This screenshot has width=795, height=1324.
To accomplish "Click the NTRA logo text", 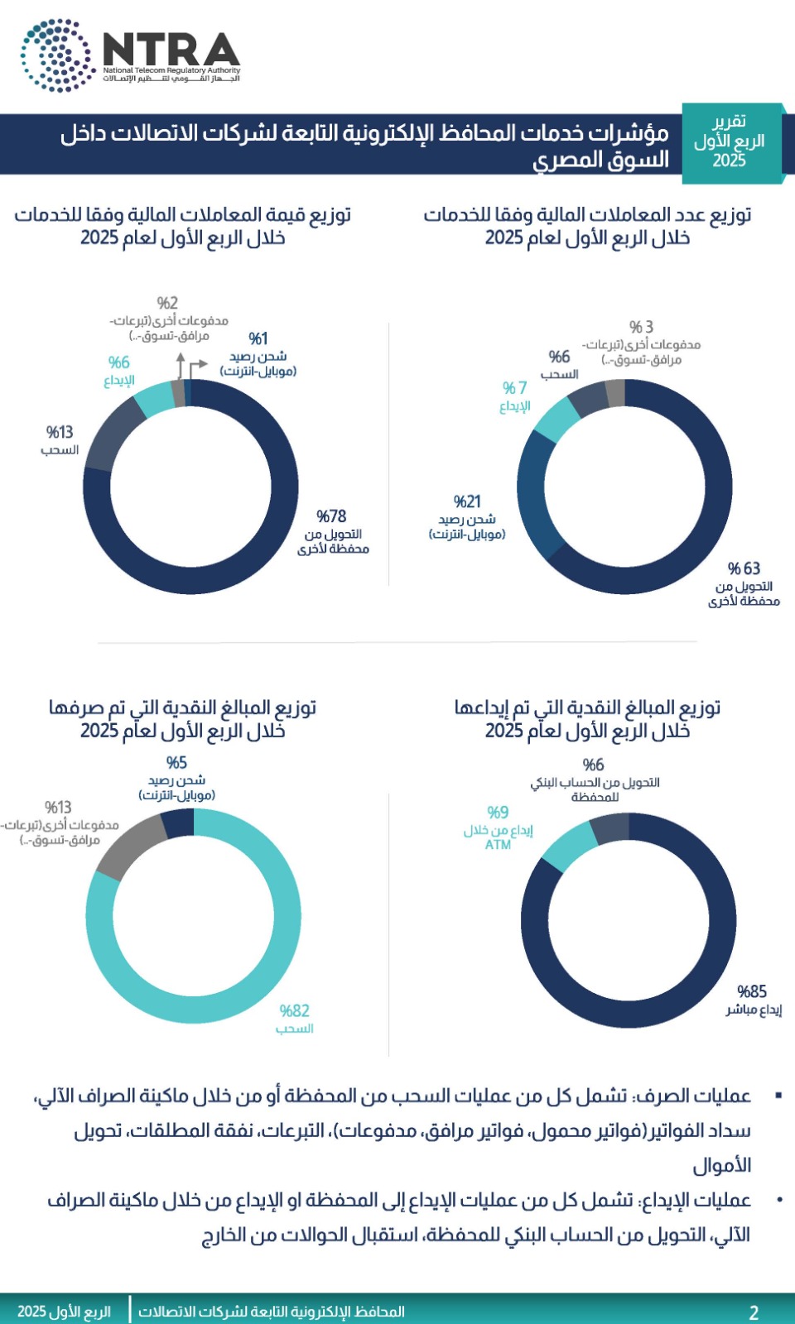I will tap(171, 50).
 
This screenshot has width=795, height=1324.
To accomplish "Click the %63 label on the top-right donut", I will tap(744, 568).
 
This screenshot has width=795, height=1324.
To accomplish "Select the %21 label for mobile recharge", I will tap(467, 501).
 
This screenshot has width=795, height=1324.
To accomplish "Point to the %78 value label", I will tap(331, 516).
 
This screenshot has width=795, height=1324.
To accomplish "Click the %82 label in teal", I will tap(295, 1010).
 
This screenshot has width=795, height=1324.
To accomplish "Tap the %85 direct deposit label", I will tap(752, 991).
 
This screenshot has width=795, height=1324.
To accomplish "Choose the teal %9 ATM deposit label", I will tap(498, 813).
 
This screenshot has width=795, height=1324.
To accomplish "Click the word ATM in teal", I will tap(498, 845).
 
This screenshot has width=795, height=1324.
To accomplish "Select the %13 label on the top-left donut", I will tap(60, 432).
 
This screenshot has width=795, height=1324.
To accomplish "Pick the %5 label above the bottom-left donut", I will tap(176, 763).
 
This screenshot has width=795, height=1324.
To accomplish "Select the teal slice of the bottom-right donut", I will tap(570, 846).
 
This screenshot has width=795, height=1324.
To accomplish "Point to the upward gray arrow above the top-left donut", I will tap(180, 365).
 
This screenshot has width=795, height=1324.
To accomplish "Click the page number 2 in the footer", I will tap(754, 1312).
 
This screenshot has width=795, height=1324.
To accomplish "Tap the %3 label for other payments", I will tap(641, 327).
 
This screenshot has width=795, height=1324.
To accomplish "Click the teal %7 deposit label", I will tap(514, 388).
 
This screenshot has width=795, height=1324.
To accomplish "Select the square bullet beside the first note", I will tap(778, 1096).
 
